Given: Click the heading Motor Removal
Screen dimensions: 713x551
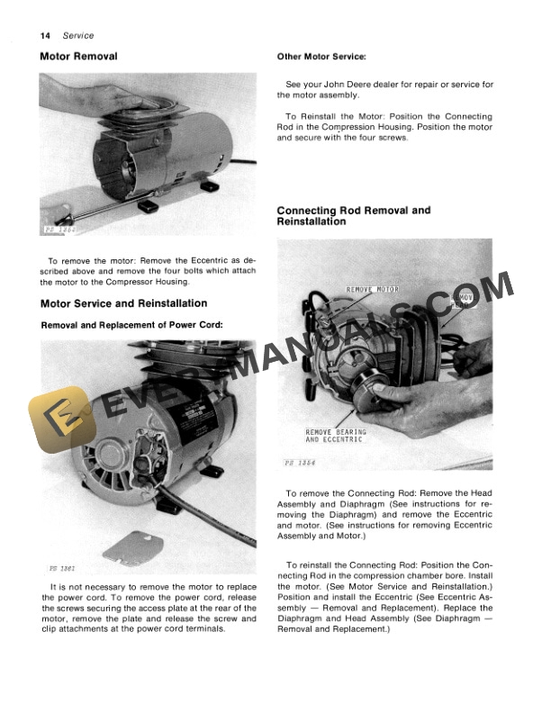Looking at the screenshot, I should (78, 57).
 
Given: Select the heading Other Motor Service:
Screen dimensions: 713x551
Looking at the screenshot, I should (321, 57).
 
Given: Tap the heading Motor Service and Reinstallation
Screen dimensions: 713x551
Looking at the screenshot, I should (123, 303).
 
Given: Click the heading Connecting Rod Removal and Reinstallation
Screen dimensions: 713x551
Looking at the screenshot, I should (354, 216).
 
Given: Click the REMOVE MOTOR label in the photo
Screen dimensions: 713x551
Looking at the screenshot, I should (374, 290).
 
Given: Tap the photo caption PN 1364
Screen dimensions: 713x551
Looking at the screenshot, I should (301, 463).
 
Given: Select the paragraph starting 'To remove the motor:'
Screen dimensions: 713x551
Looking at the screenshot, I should (149, 271).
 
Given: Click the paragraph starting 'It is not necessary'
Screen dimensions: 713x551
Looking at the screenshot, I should (149, 609).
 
